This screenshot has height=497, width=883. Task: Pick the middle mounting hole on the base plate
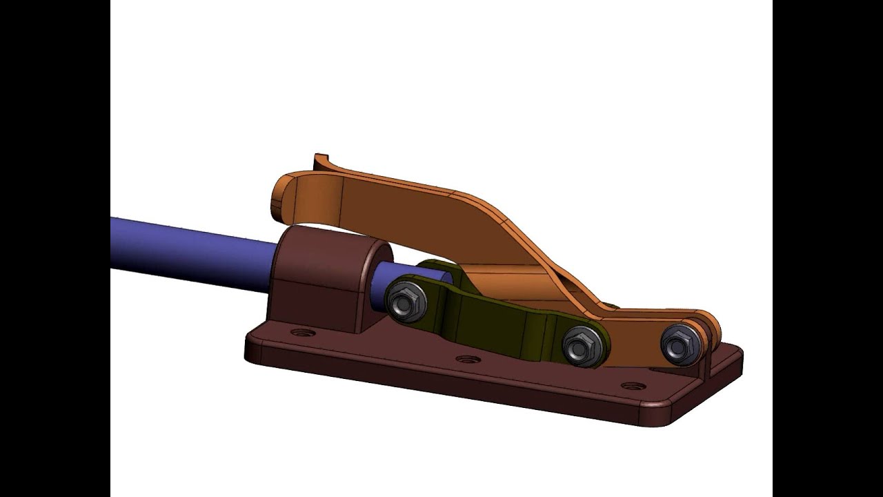click(467, 360)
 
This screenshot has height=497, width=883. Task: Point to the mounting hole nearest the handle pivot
click(633, 386)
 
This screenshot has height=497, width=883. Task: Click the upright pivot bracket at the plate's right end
click(711, 359)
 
